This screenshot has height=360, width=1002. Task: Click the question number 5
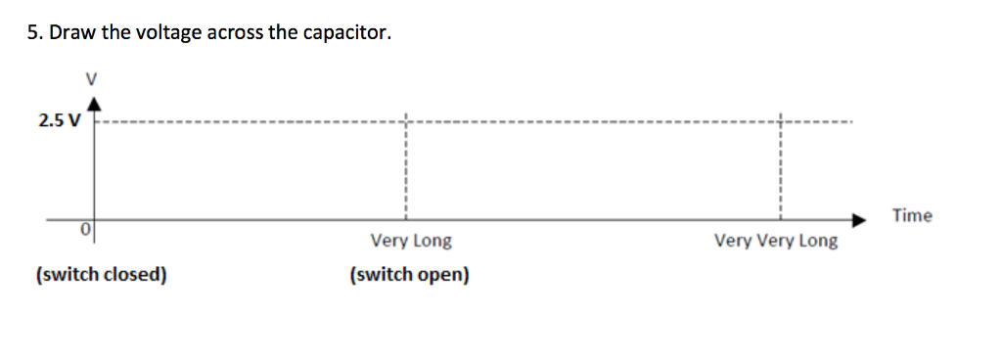(x=32, y=33)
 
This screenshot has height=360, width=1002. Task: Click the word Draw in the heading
(x=70, y=33)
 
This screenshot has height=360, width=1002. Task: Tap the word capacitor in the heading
(x=346, y=33)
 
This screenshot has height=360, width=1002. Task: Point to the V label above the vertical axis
(x=93, y=77)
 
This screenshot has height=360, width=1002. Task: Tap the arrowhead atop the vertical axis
(x=94, y=101)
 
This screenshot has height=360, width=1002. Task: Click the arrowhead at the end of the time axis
(x=859, y=219)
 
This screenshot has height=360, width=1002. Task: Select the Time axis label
(x=912, y=215)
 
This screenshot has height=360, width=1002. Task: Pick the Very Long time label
(x=411, y=241)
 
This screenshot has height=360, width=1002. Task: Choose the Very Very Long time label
(x=776, y=241)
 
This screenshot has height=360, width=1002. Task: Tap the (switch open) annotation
(x=409, y=275)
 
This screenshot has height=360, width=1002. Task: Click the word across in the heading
(x=239, y=33)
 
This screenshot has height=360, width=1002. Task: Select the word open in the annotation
(x=443, y=275)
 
